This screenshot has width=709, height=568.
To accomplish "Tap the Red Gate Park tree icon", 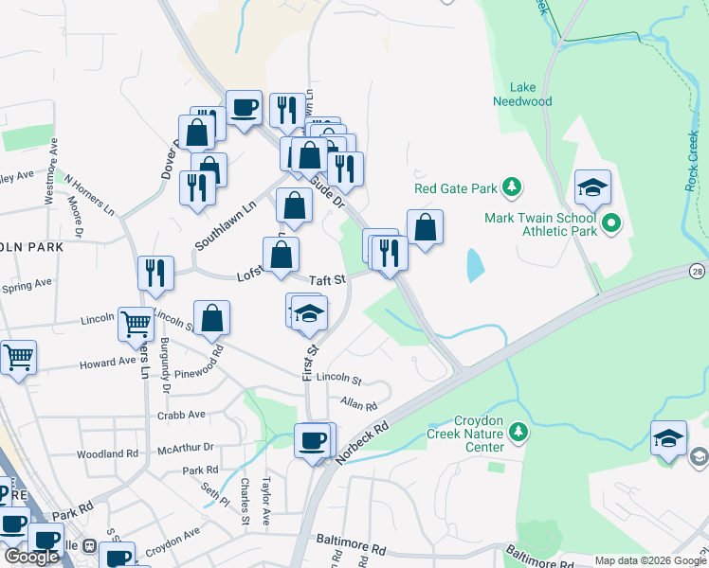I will click(513, 186).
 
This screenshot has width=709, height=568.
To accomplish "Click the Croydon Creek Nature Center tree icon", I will click(518, 433).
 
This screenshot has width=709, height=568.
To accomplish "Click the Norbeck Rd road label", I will click(363, 440).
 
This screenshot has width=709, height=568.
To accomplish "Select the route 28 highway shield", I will click(699, 272).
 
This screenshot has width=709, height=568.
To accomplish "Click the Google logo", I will click(31, 557).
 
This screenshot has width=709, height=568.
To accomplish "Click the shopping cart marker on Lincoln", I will click(136, 324).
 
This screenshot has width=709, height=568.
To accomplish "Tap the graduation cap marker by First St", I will click(309, 313).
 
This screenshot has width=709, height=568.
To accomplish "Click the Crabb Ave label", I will click(183, 415).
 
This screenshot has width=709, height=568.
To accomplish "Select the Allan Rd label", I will click(358, 404).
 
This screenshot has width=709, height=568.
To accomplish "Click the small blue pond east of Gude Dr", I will click(473, 265).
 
